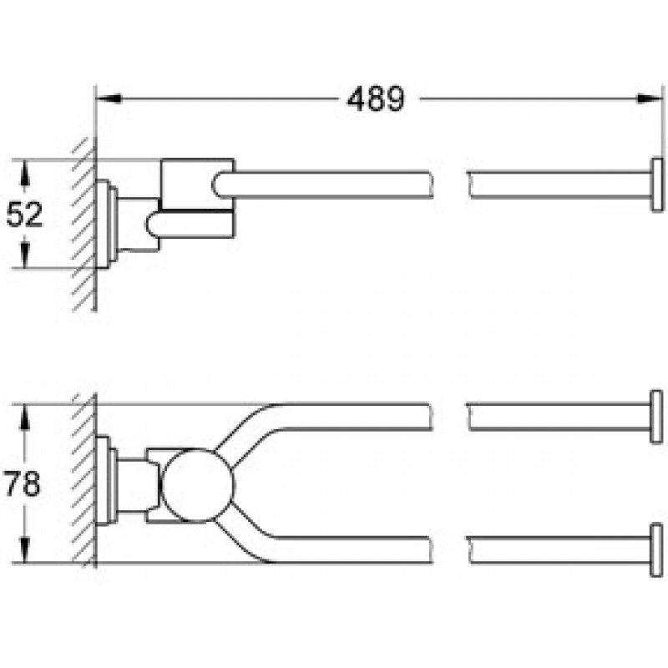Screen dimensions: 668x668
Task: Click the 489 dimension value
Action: click(x=375, y=99)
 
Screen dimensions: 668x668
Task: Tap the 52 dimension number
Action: click(x=25, y=215)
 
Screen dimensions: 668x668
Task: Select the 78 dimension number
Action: click(x=23, y=483)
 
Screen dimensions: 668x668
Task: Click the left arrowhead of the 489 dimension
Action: click(x=109, y=99)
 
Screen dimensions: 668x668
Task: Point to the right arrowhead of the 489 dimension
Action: click(x=650, y=99)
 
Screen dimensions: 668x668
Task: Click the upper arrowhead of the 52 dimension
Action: click(x=25, y=173)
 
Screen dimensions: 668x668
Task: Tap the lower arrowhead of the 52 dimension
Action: click(x=25, y=255)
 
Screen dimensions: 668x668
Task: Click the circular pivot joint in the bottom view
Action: click(x=198, y=485)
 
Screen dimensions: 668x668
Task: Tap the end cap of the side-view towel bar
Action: click(x=657, y=185)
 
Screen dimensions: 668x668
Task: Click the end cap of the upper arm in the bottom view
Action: click(x=656, y=417)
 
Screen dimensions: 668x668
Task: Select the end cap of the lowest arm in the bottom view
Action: click(x=656, y=550)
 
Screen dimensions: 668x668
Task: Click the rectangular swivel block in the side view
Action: click(x=198, y=198)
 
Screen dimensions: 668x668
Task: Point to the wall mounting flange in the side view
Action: click(x=106, y=224)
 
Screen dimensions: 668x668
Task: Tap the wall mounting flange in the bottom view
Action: click(x=106, y=481)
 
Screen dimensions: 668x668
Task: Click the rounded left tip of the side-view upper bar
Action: click(x=216, y=185)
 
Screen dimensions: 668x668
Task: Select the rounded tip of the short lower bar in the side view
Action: click(x=150, y=225)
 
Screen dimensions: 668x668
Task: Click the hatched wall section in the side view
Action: click(x=84, y=225)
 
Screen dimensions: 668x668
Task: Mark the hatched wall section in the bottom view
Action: click(x=84, y=481)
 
